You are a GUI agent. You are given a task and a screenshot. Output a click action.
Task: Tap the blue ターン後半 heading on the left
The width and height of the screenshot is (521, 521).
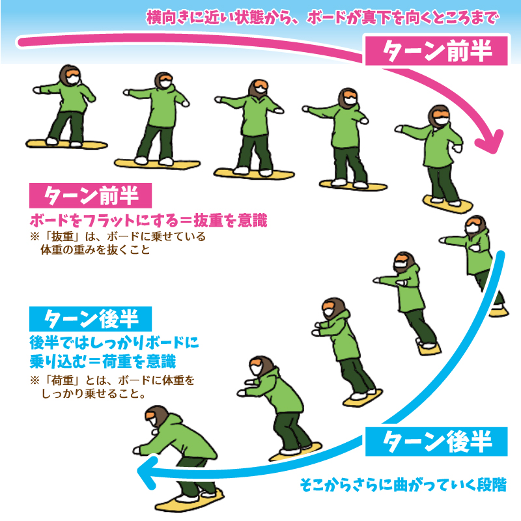(91, 318)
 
